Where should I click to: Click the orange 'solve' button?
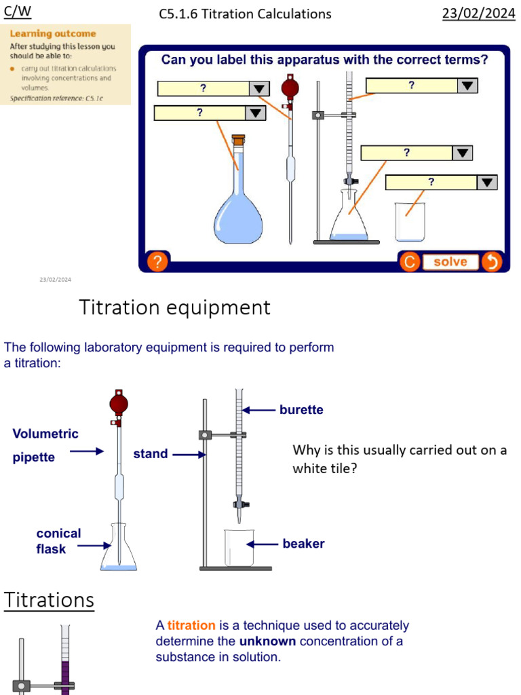pos(450,262)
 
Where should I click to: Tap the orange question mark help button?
pos(157,262)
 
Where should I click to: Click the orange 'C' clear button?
pos(409,262)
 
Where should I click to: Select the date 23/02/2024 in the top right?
pos(478,14)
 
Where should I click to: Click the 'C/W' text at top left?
pos(18,12)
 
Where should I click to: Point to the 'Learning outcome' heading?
pos(53,33)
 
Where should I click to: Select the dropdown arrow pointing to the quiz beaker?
pos(487,183)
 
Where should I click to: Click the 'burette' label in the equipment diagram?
pos(301,410)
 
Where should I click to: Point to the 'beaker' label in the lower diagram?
pos(303,544)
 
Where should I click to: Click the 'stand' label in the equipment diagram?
pos(150,454)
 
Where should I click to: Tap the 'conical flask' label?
pos(58,541)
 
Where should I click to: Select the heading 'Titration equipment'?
pos(175,307)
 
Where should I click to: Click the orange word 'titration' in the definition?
pos(191,625)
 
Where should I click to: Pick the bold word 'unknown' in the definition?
pos(267,641)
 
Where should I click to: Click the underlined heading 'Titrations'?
pos(49,600)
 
